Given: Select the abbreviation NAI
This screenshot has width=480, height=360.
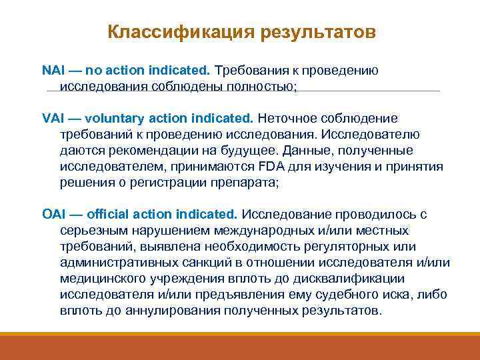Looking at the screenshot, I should pos(53,70).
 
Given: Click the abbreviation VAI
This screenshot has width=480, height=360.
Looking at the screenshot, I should pos(53,118).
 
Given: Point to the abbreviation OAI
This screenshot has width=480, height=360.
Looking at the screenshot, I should pos(53,215).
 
